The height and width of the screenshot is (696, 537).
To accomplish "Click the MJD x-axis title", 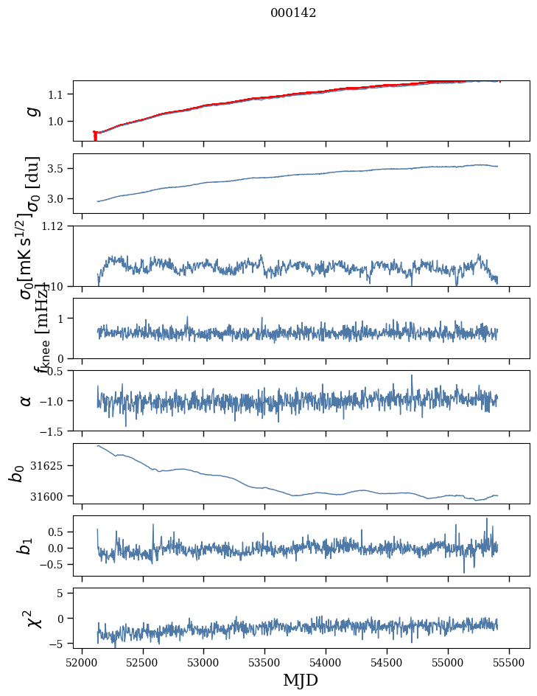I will pos(300,680).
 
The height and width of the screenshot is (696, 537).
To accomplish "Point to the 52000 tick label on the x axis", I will pos(82,661).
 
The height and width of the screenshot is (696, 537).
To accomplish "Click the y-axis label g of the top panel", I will pos(32,111).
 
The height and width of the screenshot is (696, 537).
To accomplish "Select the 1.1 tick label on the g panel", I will pos(57,94).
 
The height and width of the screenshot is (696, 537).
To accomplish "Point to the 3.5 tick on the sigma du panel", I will pos(57,169).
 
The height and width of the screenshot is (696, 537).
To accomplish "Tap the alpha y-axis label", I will pos(27,400).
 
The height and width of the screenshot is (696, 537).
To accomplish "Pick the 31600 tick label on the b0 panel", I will pos(51,496).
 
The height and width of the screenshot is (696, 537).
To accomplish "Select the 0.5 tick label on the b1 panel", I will pos(57,532).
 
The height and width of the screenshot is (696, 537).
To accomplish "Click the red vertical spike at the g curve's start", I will pos(95,136).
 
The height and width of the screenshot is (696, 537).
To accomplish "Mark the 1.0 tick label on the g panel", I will pos(57,122).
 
